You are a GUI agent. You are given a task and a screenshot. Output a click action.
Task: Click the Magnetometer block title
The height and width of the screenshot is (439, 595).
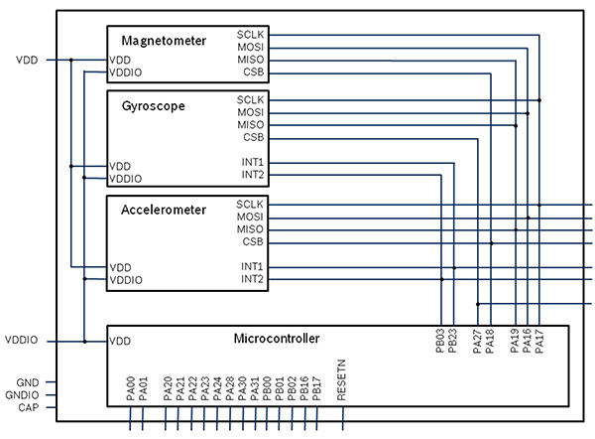(x=164, y=41)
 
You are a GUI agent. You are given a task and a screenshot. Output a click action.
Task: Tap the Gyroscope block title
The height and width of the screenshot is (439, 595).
(x=153, y=105)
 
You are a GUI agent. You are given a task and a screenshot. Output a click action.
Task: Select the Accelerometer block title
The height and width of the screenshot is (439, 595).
(x=164, y=210)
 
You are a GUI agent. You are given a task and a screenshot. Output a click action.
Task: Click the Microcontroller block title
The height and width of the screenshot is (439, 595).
(x=277, y=339)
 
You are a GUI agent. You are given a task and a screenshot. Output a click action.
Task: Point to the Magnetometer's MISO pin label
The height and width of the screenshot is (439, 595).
(x=250, y=60)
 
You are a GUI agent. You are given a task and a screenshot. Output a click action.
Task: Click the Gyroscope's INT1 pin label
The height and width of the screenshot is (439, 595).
(x=252, y=162)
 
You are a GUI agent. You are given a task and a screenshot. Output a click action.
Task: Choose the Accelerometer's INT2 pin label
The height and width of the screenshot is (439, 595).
(x=252, y=279)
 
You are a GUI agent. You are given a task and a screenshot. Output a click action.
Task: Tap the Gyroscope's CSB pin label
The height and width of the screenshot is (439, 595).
(x=253, y=137)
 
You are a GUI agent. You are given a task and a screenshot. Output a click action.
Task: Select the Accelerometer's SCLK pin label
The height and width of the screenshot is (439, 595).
(x=250, y=204)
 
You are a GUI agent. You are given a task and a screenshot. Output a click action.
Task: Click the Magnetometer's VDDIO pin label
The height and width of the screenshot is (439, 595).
(x=126, y=73)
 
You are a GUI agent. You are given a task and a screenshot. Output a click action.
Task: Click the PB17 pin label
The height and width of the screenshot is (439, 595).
(x=316, y=387)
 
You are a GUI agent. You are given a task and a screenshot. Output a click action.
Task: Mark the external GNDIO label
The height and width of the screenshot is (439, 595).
(x=27, y=394)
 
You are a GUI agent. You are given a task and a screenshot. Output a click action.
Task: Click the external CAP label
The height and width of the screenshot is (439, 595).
(x=28, y=407)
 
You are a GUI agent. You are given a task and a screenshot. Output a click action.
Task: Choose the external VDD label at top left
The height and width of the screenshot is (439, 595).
(x=27, y=60)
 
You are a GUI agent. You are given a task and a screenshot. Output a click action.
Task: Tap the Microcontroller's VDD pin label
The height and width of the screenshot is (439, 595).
(x=120, y=341)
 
